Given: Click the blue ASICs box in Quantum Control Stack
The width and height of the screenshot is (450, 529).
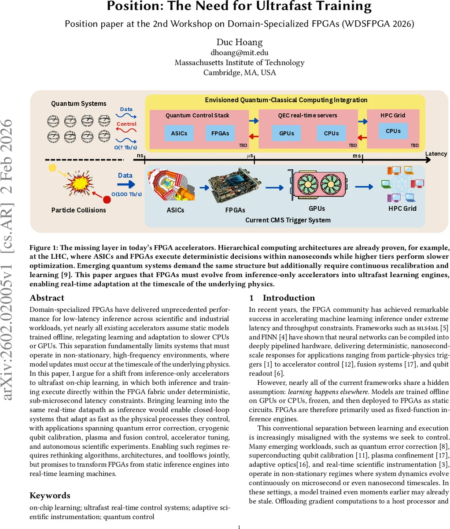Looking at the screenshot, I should point(179,133).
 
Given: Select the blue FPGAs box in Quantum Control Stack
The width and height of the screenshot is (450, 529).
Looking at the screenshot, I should point(220,133).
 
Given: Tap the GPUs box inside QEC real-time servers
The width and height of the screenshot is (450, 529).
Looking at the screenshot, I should point(287,133).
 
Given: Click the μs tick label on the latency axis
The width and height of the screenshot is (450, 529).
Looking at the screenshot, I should point(251,156).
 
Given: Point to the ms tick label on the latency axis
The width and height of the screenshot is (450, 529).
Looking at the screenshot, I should point(357,156).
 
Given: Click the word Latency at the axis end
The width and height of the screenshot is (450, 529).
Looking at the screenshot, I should point(435,154).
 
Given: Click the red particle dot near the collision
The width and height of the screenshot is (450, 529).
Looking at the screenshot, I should point(107,200).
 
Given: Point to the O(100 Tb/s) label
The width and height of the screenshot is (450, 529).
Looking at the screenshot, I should point(125,194).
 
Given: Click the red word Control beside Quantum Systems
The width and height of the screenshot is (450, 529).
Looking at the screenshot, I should point(126,124).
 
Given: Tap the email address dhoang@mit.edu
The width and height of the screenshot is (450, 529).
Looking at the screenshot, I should point(239,52).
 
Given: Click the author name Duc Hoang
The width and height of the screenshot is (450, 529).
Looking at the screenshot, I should point(239,42).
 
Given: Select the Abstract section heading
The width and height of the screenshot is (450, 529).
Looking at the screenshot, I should point(47,298).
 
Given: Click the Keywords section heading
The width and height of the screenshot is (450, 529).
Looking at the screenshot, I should point(50,495).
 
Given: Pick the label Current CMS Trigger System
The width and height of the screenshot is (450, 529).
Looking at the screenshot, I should point(288,220).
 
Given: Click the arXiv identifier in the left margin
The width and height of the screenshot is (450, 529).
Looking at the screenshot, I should point(9,260).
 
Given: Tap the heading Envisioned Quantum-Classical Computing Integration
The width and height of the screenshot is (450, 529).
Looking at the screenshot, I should point(286,100).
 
